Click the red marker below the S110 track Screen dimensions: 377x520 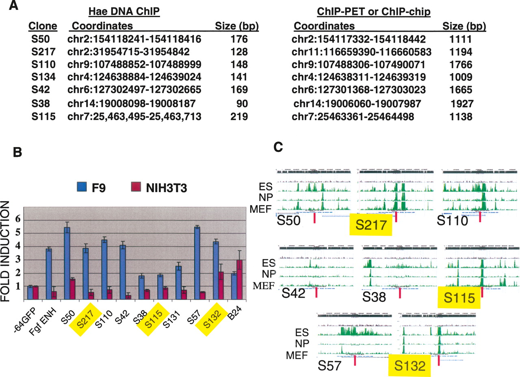(x=480, y=217)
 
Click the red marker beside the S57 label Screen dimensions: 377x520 (x=355, y=360)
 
